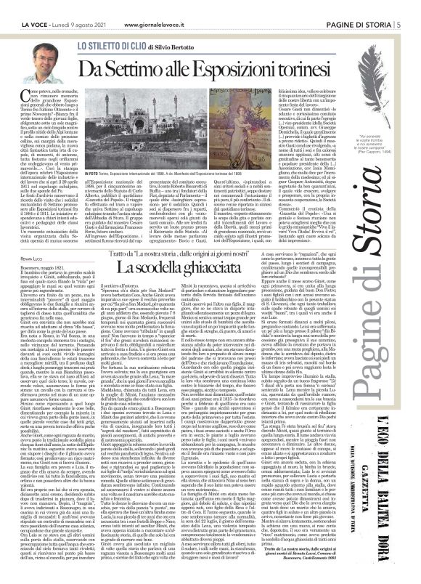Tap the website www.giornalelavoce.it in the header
point(160,7)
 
